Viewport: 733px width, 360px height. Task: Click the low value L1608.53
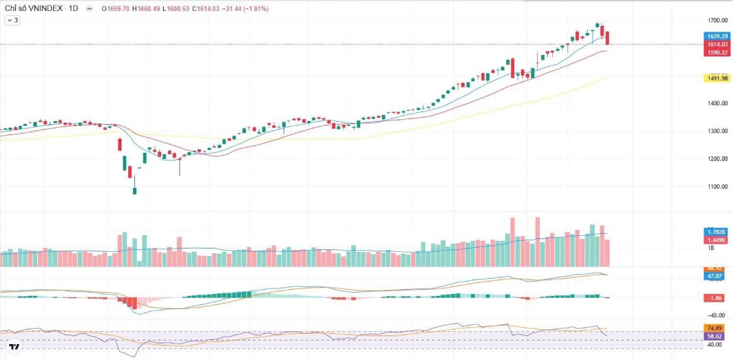[x=178, y=9]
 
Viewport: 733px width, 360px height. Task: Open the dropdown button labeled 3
[x=12, y=20]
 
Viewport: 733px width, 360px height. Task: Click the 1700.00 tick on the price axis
[x=717, y=21]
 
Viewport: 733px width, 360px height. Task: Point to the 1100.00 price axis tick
[x=717, y=187]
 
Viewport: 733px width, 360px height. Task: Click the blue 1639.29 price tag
[x=717, y=37]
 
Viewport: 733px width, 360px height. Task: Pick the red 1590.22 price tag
[x=717, y=53]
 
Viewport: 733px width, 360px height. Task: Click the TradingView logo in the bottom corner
[x=15, y=347]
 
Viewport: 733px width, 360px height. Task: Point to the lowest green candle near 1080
[x=134, y=191]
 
